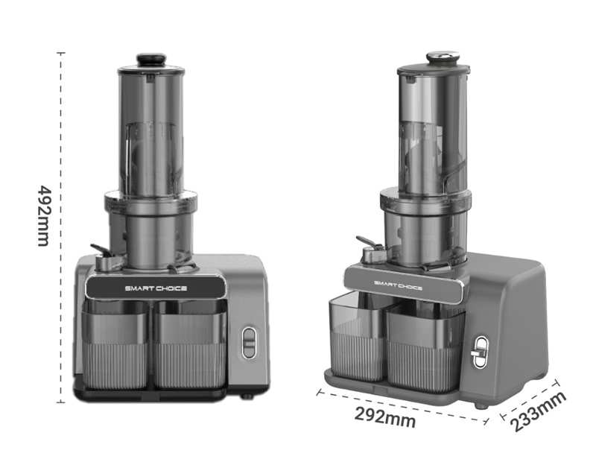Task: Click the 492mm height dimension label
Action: tap(44, 215)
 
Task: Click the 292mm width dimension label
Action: tap(384, 417)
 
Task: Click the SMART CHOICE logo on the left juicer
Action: tap(156, 288)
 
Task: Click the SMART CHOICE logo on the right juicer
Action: tap(398, 285)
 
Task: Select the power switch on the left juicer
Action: tap(249, 343)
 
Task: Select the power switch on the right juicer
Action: tap(480, 352)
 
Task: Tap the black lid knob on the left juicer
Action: tap(152, 60)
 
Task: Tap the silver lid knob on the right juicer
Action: tap(443, 57)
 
